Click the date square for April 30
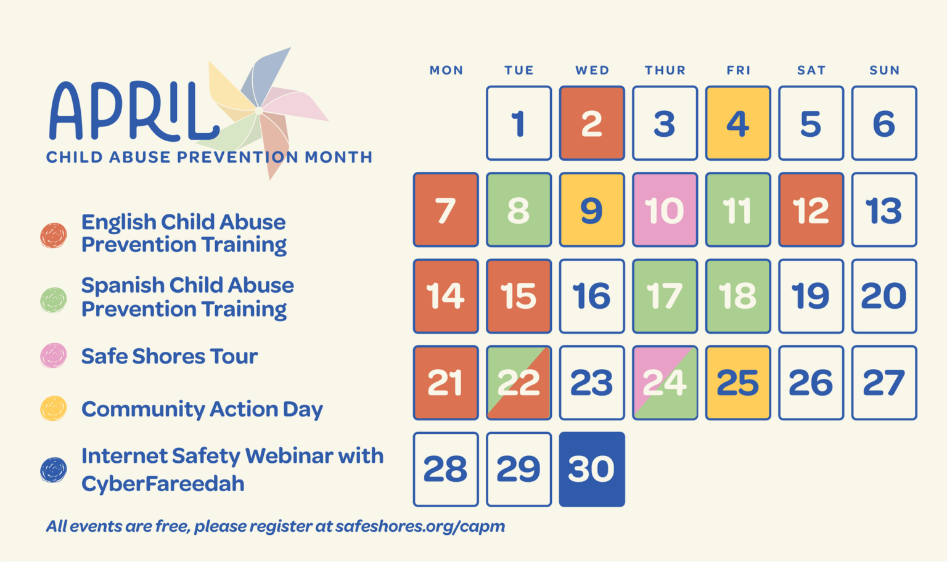coord(592,469)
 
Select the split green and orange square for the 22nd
coord(519,383)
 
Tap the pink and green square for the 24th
coord(665,383)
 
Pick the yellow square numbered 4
coord(738,123)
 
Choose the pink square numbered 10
coord(665,210)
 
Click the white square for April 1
coord(519,123)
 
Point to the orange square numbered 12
coord(811,210)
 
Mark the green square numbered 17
coord(665,296)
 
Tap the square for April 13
coord(885,210)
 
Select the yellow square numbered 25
coord(738,383)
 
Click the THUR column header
coord(665,70)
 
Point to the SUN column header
coord(885,70)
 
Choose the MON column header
coord(446,70)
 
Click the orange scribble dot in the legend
coord(53,235)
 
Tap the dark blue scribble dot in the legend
coord(53,470)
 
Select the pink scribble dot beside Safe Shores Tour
coord(53,356)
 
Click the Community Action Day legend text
coord(202,409)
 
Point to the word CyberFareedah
coord(163,483)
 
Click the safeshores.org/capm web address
coord(420,526)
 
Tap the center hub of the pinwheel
coord(259,111)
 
